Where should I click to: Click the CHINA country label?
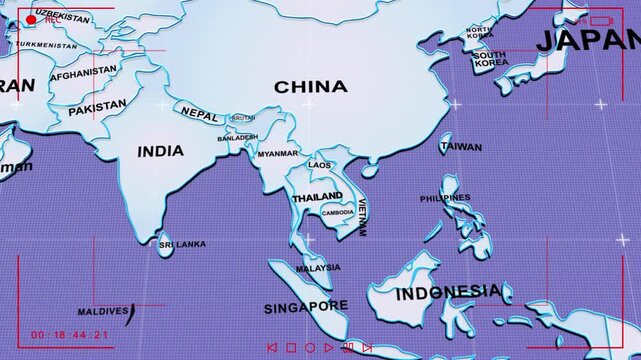pos(310,87)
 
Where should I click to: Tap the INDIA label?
pos(160,151)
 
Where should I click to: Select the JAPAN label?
pos(587,40)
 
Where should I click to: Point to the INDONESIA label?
pos(449,293)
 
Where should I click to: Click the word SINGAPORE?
pos(306,306)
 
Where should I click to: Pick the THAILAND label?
pos(316,198)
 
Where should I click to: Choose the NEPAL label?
pos(199,115)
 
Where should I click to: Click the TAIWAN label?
pos(461,147)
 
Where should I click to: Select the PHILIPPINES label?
pos(445,198)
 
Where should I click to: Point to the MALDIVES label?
pos(103,311)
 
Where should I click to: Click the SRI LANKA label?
pos(182,243)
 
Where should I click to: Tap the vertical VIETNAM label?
pos(362,219)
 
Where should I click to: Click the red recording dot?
pos(31,19)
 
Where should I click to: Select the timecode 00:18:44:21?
pos(70,334)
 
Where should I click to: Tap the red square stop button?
pos(291,348)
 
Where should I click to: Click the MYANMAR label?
pos(278,154)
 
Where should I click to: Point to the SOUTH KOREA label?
pos(490,59)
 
